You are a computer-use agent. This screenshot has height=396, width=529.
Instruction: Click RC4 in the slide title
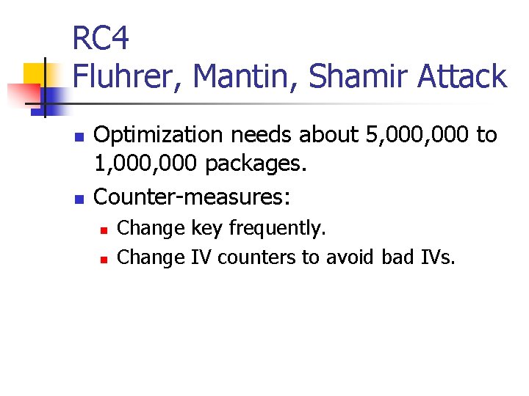click(x=101, y=39)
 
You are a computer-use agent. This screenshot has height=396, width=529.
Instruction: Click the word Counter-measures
click(x=192, y=196)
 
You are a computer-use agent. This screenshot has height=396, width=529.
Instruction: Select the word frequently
click(x=276, y=228)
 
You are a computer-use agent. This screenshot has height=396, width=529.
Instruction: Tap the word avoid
click(x=350, y=257)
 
